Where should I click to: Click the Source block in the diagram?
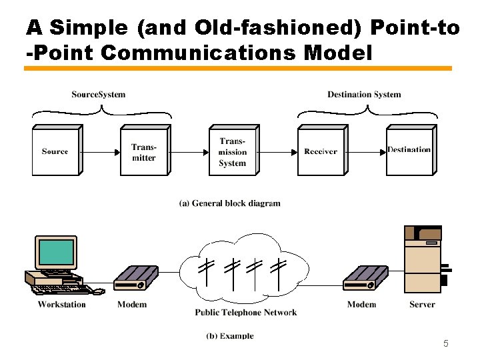click(55, 151)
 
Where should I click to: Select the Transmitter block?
click(144, 152)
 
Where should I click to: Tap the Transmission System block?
click(232, 151)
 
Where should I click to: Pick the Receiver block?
click(321, 151)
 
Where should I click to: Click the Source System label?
click(98, 95)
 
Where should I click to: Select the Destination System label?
click(364, 95)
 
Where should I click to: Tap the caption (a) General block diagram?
click(230, 203)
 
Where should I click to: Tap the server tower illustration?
click(423, 260)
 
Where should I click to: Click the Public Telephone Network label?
click(246, 312)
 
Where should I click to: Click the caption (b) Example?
click(230, 336)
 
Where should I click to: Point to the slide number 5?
click(446, 344)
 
